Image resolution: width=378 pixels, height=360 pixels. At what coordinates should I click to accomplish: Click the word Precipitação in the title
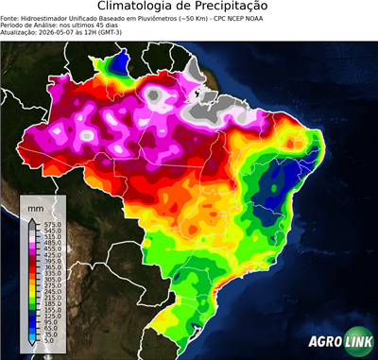click(240, 8)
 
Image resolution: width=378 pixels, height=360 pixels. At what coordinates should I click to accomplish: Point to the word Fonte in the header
click(10, 18)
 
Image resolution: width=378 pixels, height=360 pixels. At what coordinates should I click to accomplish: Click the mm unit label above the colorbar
click(35, 206)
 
